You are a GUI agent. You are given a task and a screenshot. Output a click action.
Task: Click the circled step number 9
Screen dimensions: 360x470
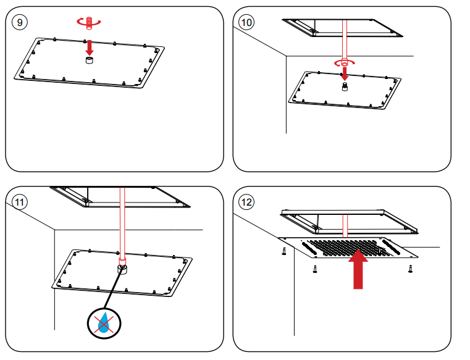pos(21,23)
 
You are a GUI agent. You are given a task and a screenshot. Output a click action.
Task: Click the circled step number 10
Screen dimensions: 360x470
pos(246,23)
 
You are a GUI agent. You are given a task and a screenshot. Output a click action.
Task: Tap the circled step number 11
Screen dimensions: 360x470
pos(21,202)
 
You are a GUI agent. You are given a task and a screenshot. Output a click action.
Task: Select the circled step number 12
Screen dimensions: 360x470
pos(246,202)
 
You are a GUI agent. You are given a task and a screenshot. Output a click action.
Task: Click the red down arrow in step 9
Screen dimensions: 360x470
pos(90,46)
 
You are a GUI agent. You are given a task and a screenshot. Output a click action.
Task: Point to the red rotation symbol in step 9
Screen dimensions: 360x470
pos(88,22)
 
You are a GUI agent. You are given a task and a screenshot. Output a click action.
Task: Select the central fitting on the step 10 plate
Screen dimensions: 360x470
pos(344,86)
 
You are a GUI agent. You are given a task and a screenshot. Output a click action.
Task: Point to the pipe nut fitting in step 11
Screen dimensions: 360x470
pos(122,270)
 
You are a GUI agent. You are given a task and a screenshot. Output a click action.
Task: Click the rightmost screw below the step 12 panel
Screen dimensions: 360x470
pos(410,269)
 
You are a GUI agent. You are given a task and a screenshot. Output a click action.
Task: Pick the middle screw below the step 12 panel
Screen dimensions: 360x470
pos(314,269)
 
